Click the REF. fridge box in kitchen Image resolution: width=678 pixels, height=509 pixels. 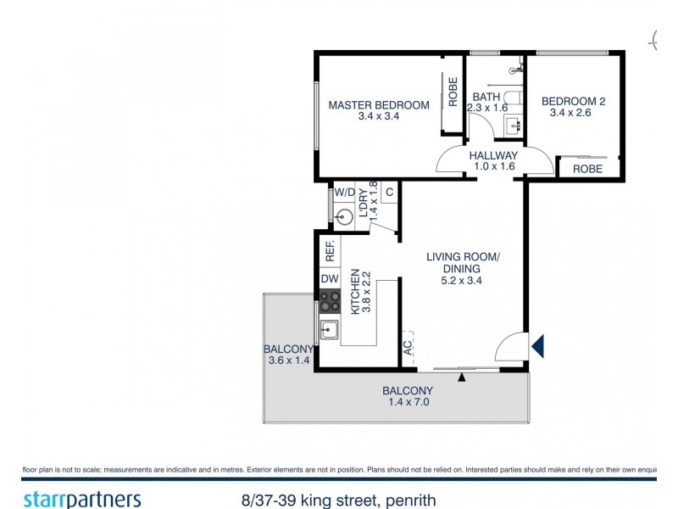tap(330, 250)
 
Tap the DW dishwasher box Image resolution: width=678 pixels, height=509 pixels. tap(330, 279)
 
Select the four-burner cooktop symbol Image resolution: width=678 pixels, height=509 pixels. tap(330, 301)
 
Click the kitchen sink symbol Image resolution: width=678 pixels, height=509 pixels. tap(329, 329)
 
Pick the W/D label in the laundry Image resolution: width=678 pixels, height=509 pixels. tap(344, 193)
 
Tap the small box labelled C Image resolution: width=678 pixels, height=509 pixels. tap(389, 193)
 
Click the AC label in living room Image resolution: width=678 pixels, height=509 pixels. tap(408, 348)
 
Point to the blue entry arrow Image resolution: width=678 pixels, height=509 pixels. tap(537, 345)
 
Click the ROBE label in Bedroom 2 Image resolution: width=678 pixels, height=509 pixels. tap(587, 169)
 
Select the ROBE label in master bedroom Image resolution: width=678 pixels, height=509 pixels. tap(453, 92)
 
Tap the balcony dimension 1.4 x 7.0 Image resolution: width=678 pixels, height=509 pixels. tap(407, 397)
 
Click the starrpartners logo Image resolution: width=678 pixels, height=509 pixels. tap(81, 500)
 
